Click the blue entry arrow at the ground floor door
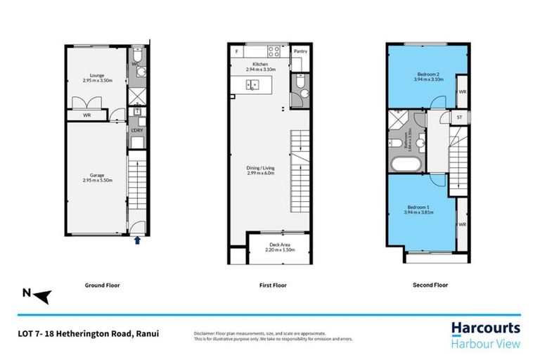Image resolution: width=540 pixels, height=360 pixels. (x=137, y=240)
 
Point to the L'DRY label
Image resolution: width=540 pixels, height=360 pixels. (x=136, y=129)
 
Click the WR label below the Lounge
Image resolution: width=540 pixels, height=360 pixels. (x=87, y=115)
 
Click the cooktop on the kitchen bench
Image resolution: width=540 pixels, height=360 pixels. (x=274, y=52)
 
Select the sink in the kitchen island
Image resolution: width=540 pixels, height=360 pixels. (x=251, y=84)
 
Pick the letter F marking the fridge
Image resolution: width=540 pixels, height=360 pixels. (x=237, y=52)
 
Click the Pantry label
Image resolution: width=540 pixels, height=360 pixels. (x=300, y=51)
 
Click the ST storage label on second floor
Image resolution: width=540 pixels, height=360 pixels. (x=459, y=117)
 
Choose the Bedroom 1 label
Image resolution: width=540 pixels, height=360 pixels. (x=419, y=209)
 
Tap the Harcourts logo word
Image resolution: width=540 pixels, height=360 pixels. (x=484, y=328)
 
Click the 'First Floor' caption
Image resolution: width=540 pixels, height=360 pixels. (x=269, y=285)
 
